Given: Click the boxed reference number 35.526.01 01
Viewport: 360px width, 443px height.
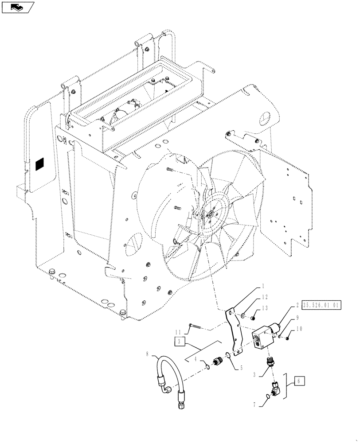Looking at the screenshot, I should click(321, 305).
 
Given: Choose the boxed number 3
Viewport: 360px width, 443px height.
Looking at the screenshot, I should click(178, 342).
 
